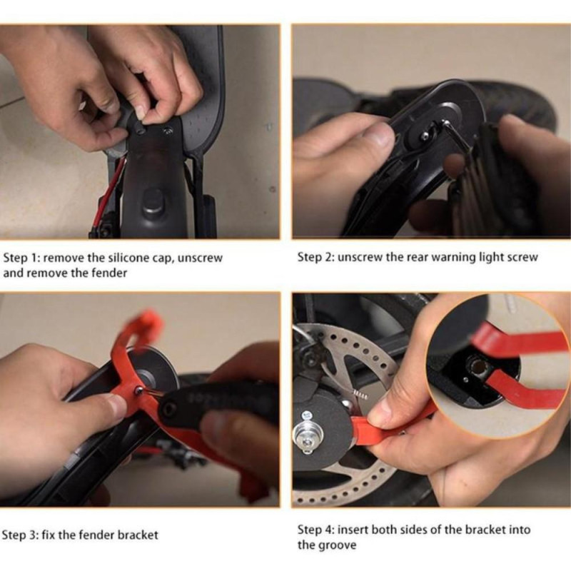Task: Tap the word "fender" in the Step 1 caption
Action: [109, 273]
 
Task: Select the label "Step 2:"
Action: [315, 257]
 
